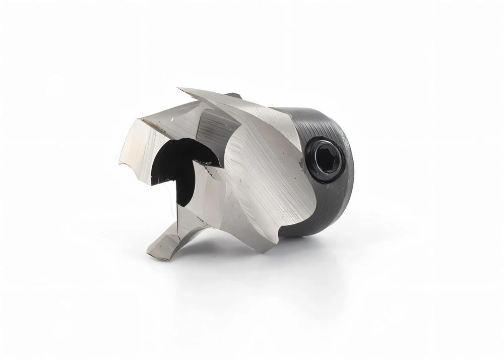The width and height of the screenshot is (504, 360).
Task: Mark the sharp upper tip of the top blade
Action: tap(180, 90)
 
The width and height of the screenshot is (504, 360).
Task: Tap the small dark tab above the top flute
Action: tap(233, 95)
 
